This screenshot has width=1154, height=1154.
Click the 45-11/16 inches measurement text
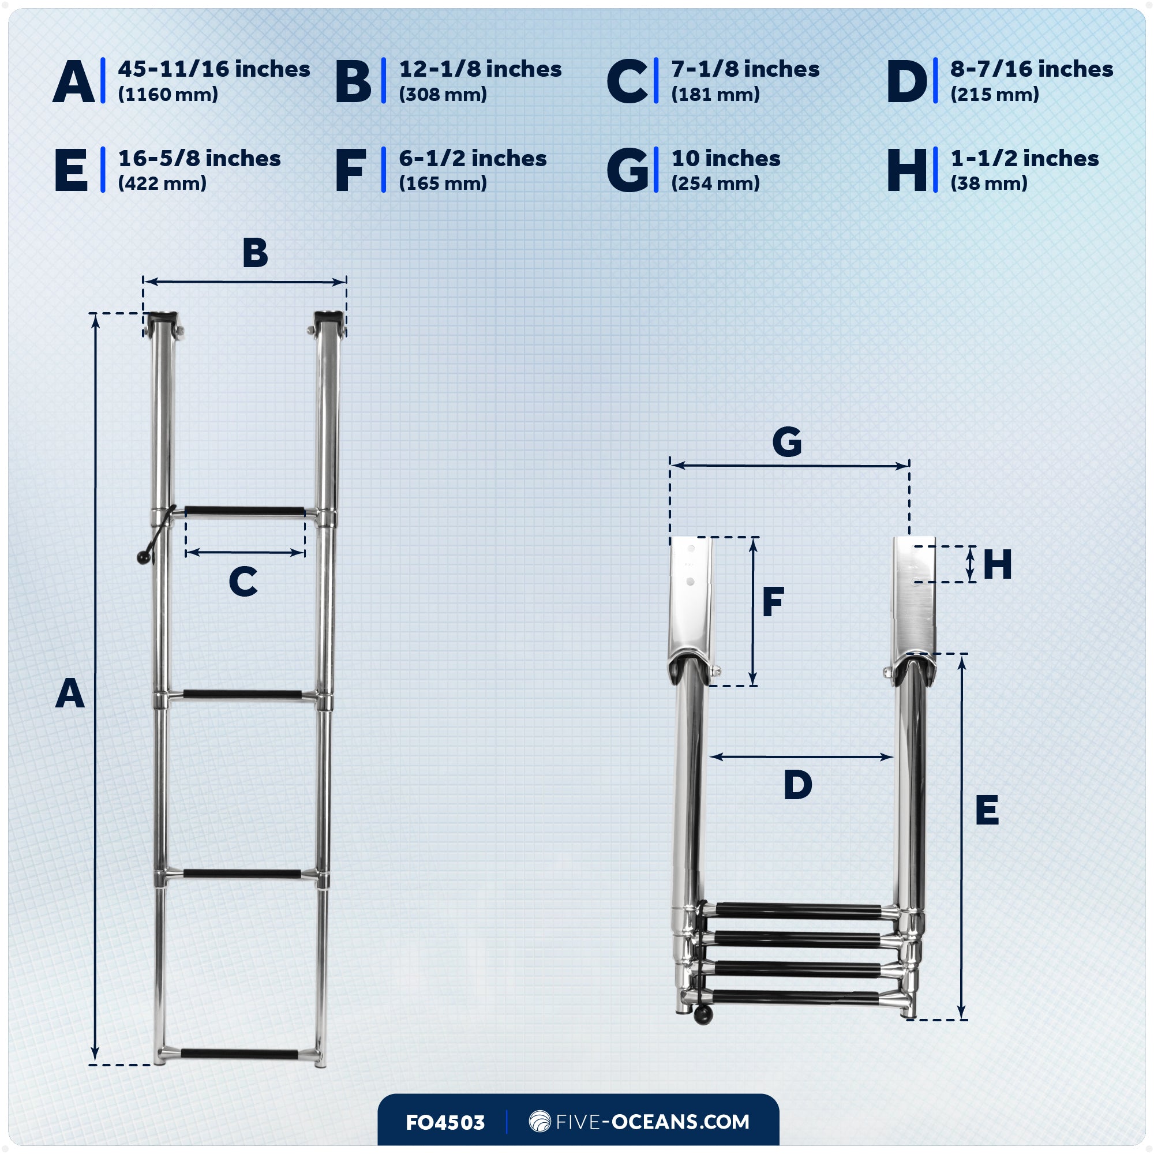(x=214, y=69)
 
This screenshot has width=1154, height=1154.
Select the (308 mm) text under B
(x=443, y=95)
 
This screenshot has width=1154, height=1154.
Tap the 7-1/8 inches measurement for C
(x=745, y=69)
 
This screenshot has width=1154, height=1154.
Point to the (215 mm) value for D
(x=995, y=95)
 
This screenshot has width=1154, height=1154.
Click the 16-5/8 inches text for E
(x=199, y=158)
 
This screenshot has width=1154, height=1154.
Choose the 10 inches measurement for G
(x=726, y=158)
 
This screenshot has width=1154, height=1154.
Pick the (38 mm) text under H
(x=988, y=183)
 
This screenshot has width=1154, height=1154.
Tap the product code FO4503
(x=445, y=1122)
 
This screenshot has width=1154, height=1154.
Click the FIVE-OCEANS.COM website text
(x=652, y=1122)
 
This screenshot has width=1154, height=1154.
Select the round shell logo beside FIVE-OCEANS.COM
(x=539, y=1122)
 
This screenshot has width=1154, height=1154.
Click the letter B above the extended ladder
(x=255, y=253)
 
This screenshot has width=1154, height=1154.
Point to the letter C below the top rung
(x=243, y=581)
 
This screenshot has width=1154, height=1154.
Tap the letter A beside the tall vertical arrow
(x=70, y=694)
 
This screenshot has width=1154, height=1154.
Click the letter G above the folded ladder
(x=786, y=443)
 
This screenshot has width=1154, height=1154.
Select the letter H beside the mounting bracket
(x=997, y=564)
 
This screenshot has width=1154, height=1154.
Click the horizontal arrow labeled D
(x=801, y=757)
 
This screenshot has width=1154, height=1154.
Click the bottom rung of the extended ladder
(x=239, y=1054)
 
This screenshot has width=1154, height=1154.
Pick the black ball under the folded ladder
(x=703, y=1016)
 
